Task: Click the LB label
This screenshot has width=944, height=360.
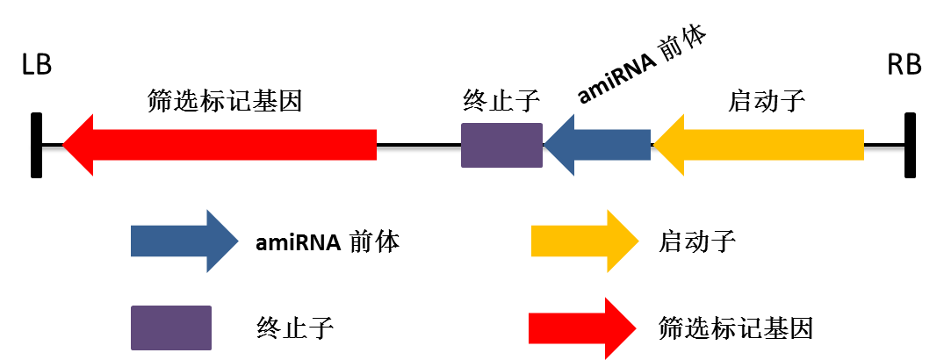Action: pyautogui.click(x=37, y=67)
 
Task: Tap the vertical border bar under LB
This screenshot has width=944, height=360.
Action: pyautogui.click(x=36, y=145)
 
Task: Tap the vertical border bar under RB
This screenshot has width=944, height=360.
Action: pyautogui.click(x=910, y=145)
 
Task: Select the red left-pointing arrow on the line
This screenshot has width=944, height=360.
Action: pyautogui.click(x=220, y=145)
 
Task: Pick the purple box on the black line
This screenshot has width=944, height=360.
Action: pyautogui.click(x=501, y=145)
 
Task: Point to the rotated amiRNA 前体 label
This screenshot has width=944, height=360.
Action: pyautogui.click(x=643, y=66)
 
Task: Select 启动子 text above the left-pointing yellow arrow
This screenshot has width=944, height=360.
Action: pyautogui.click(x=767, y=101)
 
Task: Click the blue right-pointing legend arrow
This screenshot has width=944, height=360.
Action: pyautogui.click(x=184, y=241)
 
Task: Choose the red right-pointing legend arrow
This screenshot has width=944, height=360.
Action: pyautogui.click(x=582, y=328)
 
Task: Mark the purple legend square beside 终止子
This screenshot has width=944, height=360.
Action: pyautogui.click(x=171, y=328)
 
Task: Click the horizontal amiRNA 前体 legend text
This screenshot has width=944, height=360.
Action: pyautogui.click(x=327, y=241)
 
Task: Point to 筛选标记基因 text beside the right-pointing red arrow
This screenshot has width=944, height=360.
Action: pyautogui.click(x=736, y=329)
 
